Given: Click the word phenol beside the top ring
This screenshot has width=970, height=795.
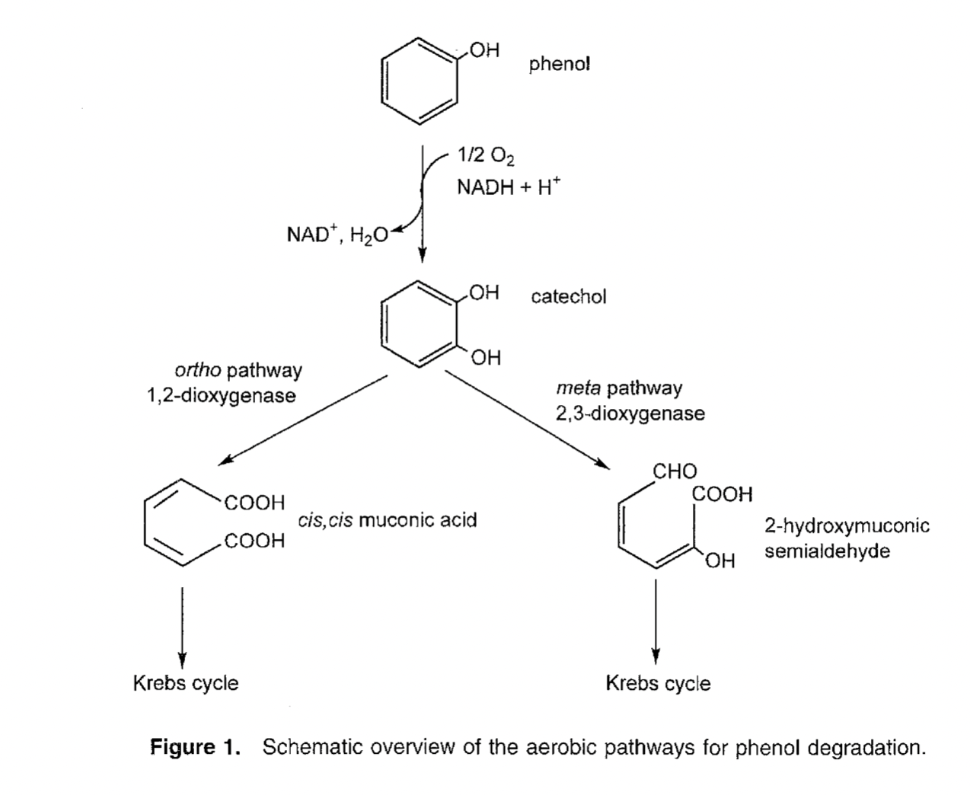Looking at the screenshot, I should coord(560,64).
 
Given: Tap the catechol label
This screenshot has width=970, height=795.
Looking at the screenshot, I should coord(568,296).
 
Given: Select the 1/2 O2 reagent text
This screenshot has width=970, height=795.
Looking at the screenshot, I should coord(485,156).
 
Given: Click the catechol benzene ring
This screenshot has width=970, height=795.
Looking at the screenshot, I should coord(419,323).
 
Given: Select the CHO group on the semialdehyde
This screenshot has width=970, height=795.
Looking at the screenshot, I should coord(675,471).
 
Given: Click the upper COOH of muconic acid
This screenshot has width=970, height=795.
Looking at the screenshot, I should coord(254,503).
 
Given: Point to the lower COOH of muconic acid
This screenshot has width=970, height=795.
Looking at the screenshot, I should coord(254,541).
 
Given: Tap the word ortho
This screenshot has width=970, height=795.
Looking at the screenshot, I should coord(198,371).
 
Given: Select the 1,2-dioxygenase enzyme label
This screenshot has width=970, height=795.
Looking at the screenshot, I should coord(222,396).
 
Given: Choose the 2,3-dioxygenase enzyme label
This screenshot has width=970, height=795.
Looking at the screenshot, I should coord(630,413).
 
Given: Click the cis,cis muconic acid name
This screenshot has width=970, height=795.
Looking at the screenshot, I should coord(387,520).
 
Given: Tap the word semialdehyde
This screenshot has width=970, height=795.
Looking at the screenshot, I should coord(827,551).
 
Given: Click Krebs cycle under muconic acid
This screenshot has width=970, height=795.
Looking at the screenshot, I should coord(186,683).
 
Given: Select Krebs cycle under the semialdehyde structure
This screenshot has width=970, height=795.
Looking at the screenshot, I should coord(658,683).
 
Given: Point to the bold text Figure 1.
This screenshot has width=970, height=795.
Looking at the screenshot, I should coord(196,747).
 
